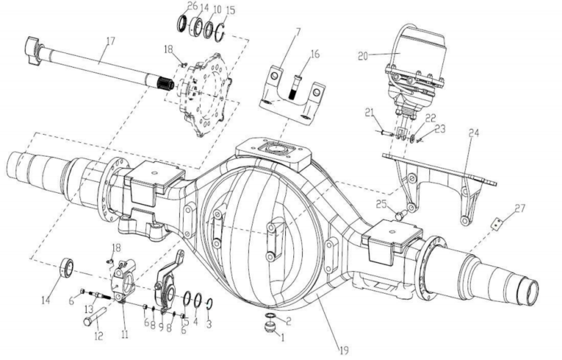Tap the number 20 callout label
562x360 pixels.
coord(363,56)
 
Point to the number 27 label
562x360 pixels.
coord(520,208)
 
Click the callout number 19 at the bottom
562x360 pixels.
coord(344,350)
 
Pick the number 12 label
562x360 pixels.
coord(99,336)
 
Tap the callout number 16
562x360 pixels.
coord(315,54)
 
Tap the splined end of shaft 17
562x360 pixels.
coord(165,84)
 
